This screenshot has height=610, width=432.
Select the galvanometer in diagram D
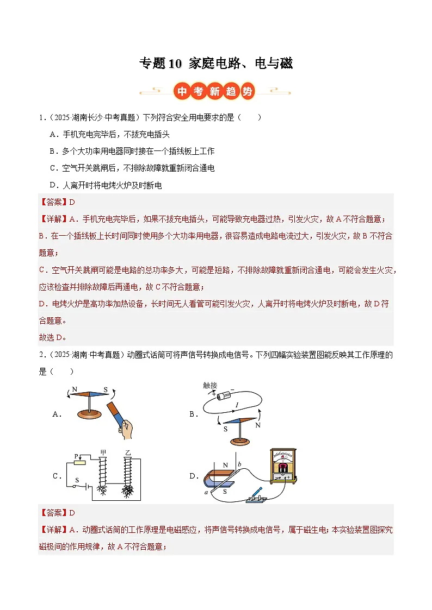[x=283, y=466]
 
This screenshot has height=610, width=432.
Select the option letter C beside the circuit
[x=56, y=476]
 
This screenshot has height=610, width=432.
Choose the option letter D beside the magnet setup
[x=193, y=476]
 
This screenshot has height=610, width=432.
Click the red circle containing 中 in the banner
[x=182, y=91]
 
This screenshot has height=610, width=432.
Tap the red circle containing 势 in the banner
[x=248, y=91]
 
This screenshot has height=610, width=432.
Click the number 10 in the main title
[x=175, y=64]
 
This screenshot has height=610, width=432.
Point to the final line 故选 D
[x=52, y=337]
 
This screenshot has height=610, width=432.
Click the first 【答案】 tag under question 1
[x=53, y=202]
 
